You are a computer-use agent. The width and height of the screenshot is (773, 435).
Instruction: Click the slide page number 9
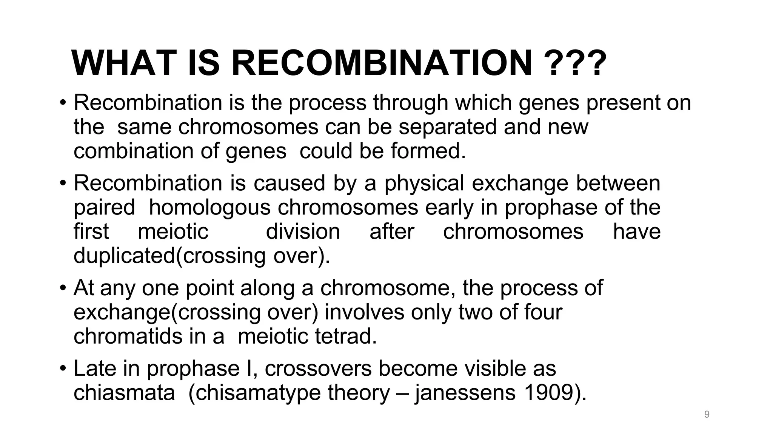click(x=707, y=415)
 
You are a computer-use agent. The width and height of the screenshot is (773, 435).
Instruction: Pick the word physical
click(x=424, y=183)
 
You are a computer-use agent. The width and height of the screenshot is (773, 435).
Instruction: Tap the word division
click(x=303, y=231)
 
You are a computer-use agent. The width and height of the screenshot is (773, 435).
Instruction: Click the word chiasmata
click(x=124, y=393)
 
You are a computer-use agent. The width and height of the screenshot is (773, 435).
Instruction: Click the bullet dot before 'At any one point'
click(x=63, y=288)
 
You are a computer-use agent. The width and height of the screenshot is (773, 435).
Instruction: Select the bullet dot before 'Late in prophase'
click(x=63, y=369)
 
